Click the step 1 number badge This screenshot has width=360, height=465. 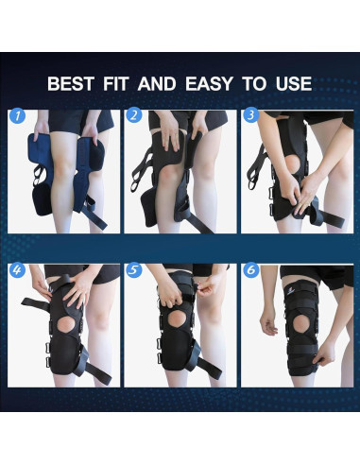click(17, 116)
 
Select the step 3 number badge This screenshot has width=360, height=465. click(249, 116)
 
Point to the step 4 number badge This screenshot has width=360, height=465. click(17, 269)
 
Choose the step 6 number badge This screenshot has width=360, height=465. click(249, 269)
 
